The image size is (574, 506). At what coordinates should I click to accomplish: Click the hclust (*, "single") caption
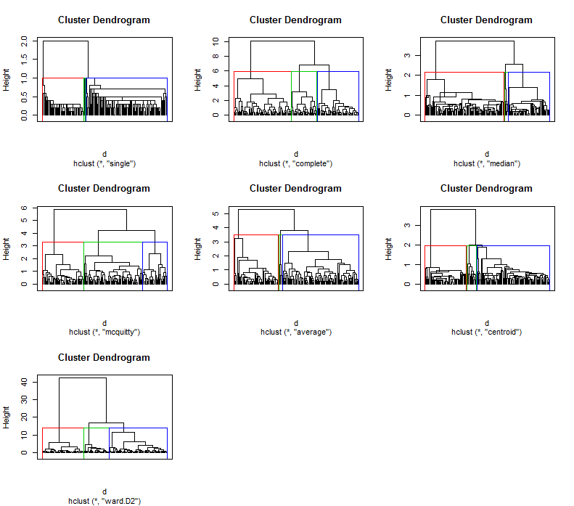coord(104,163)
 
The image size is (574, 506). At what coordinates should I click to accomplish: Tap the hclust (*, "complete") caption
coord(295,163)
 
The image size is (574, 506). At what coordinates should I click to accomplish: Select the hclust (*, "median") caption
coord(486,163)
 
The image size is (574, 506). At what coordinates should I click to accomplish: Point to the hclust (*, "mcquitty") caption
coord(104,332)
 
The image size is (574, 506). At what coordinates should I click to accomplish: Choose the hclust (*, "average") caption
coord(295,332)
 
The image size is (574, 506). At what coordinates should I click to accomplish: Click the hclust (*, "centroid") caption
coord(486,332)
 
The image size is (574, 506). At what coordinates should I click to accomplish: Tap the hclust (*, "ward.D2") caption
coord(104,501)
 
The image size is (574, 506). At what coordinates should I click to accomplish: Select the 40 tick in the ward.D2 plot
coord(25,382)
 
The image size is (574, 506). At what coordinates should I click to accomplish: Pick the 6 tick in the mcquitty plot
coord(25,208)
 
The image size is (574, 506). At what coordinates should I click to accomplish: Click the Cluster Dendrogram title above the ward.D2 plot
coord(104,357)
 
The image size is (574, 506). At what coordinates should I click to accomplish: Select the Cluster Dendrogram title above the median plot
coord(486,20)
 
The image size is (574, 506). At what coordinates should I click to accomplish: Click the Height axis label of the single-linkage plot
coord(7,79)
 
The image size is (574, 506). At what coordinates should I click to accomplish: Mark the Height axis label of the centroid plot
coord(389,248)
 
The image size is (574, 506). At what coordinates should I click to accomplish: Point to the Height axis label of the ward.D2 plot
coord(7,417)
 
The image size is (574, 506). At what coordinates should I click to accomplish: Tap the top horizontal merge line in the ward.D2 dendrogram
coord(83,378)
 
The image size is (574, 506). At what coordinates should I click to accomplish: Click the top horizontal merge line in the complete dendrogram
coord(283,41)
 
